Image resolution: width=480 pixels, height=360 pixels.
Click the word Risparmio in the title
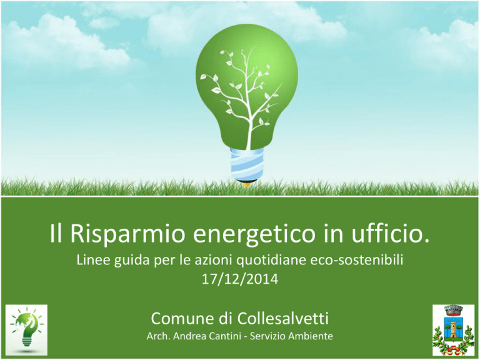[x=127, y=234]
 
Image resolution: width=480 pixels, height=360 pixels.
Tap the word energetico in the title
[x=254, y=234]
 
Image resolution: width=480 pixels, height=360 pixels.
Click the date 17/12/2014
[x=240, y=279]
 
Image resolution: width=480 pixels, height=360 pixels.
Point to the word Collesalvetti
[x=283, y=318]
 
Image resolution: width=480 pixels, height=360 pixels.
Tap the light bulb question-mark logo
[x=26, y=330]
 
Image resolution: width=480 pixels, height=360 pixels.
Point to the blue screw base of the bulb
[x=247, y=164]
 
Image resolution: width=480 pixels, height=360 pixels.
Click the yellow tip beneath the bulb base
[x=247, y=184]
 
